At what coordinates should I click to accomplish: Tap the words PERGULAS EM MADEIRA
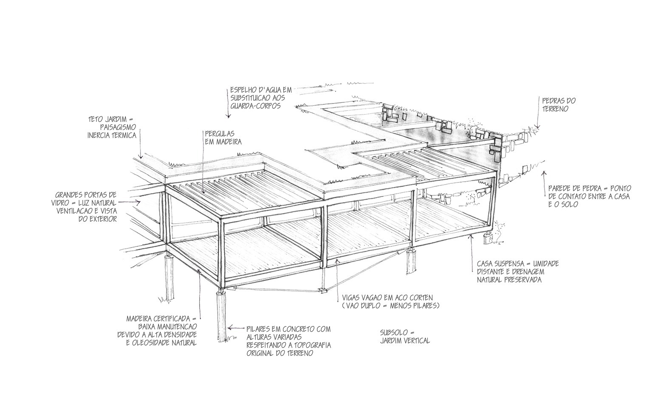pos(223,138)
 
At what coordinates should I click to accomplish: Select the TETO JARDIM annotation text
pos(112,127)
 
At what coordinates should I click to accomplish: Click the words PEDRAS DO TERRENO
pos(559,105)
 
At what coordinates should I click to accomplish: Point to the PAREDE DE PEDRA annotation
pos(589,196)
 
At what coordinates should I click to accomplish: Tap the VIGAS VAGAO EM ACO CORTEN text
pos(390,301)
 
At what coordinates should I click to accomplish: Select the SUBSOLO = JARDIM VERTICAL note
pos(405,337)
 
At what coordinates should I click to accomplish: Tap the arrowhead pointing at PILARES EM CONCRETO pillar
pos(230,328)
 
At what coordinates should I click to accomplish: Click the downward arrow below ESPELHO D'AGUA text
pos(228,115)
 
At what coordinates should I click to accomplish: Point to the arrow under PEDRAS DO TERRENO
pos(537,125)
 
